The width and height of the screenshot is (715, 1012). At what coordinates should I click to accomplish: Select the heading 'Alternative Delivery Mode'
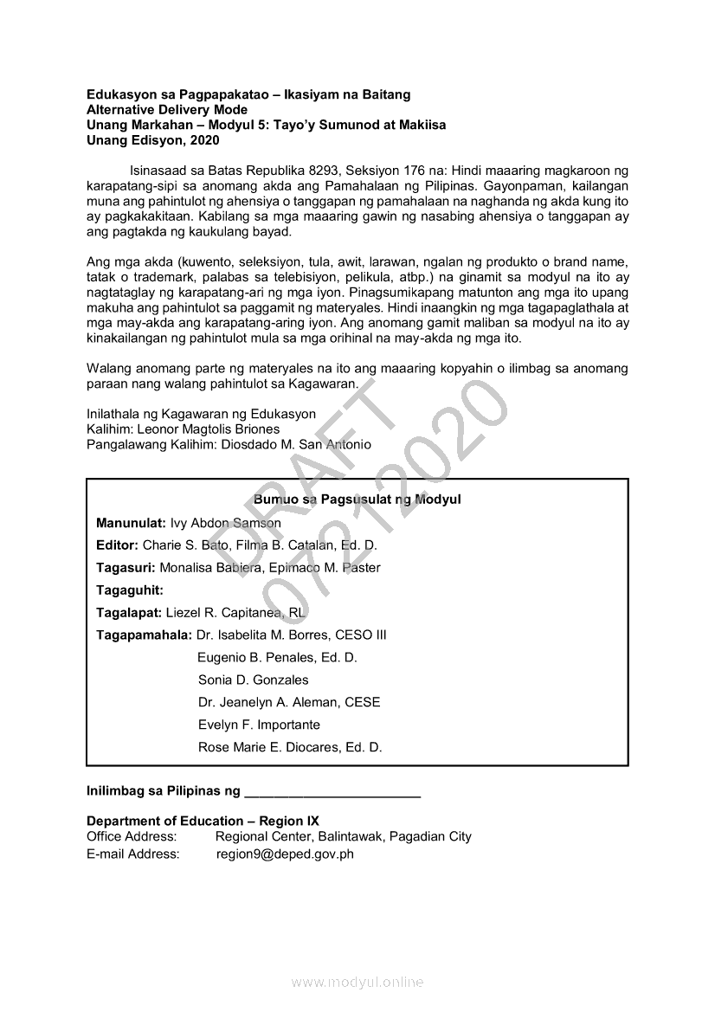click(x=167, y=110)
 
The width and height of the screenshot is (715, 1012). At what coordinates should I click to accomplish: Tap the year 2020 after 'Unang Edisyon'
click(x=204, y=140)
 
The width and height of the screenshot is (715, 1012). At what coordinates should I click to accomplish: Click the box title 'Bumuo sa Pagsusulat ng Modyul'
click(x=357, y=500)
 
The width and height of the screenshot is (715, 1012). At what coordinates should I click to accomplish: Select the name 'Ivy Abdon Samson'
click(x=226, y=523)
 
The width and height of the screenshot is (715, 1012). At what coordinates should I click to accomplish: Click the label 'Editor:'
click(x=117, y=545)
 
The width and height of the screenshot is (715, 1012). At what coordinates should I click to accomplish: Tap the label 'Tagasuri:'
click(x=126, y=568)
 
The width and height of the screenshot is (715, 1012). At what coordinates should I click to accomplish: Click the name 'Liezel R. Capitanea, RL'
click(x=230, y=613)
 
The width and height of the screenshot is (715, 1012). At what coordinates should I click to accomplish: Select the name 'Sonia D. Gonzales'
click(x=253, y=680)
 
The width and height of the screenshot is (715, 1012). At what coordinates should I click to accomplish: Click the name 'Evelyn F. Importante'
click(x=259, y=725)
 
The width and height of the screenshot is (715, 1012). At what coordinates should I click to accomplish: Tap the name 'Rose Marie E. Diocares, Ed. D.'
click(x=290, y=747)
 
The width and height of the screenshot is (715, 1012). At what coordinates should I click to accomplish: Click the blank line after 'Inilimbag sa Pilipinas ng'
click(x=332, y=792)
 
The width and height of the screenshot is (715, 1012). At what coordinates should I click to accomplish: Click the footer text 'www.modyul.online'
click(x=357, y=982)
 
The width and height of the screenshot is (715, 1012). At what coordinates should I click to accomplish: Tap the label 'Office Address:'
click(x=132, y=837)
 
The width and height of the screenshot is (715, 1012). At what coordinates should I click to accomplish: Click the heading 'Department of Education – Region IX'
click(x=203, y=821)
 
